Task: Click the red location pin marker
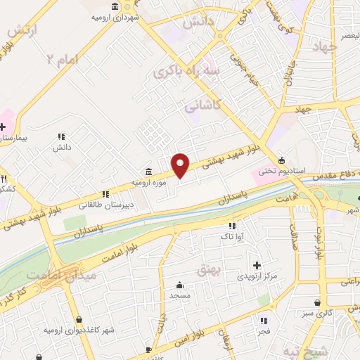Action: [x=181, y=165]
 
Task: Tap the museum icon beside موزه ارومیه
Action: [x=148, y=172]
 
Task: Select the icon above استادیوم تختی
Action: [x=281, y=159]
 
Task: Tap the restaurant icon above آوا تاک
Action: [x=249, y=226]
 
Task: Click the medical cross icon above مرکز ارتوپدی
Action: [x=257, y=265]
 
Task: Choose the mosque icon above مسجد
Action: [x=180, y=285]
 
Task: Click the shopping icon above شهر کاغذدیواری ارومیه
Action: [x=78, y=319]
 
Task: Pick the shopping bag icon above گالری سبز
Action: [x=319, y=302]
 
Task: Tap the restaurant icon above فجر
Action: [x=264, y=319]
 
